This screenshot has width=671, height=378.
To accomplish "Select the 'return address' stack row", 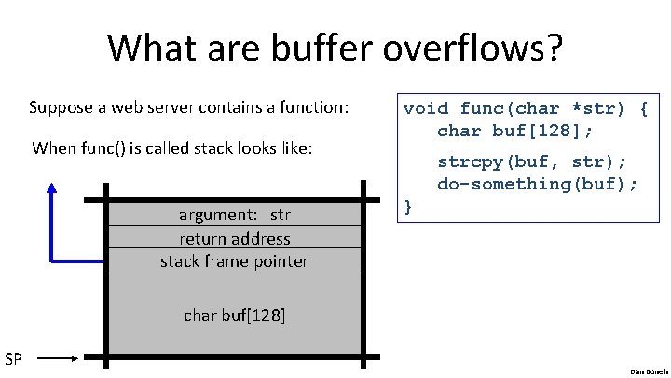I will (235, 238).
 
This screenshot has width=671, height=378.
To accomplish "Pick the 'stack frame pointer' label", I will (234, 260).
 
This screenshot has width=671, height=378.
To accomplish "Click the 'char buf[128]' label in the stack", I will (235, 315).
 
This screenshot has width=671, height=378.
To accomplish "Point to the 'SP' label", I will (15, 358).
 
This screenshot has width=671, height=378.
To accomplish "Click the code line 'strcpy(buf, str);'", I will (531, 161).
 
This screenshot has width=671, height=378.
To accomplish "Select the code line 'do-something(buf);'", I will (538, 183).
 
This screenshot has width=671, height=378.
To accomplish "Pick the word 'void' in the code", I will (426, 108).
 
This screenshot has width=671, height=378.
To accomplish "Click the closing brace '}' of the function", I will (407, 205).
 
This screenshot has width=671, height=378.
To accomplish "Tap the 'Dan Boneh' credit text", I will (643, 371).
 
